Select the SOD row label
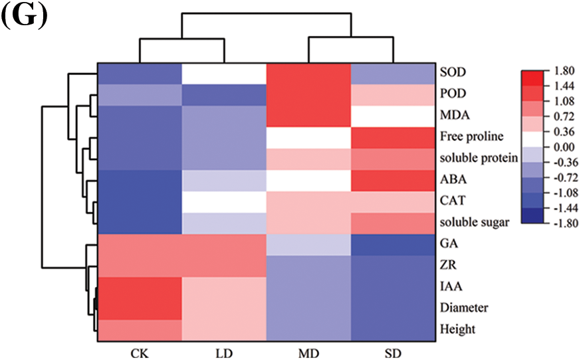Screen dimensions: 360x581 click(x=451, y=71)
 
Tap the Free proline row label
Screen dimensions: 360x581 click(x=469, y=137)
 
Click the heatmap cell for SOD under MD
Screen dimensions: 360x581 click(x=307, y=73)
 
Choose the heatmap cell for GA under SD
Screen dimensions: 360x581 click(x=392, y=244)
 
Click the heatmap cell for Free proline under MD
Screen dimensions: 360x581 click(x=307, y=137)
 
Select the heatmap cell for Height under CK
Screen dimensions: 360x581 click(x=139, y=330)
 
